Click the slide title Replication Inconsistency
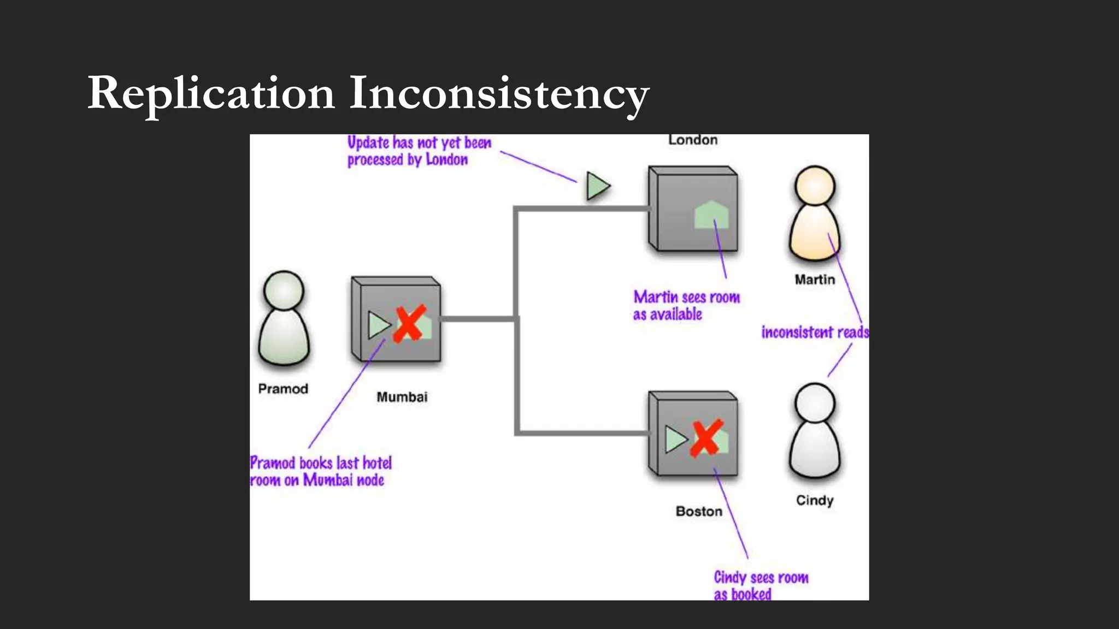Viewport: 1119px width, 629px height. coord(368,93)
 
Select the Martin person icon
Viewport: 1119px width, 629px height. coord(815,213)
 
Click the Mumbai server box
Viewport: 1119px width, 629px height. coord(396,319)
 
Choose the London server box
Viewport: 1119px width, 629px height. coord(693,209)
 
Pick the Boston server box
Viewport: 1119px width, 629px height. coord(693,434)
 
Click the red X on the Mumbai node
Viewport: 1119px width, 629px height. coord(409,324)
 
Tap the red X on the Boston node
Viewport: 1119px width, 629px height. coord(706,437)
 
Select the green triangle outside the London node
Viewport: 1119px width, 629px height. coord(597,186)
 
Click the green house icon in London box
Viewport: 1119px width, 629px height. coord(711,215)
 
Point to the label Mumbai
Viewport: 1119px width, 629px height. coord(402,397)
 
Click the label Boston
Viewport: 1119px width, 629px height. coord(699,512)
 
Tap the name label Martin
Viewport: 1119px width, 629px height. coord(815,280)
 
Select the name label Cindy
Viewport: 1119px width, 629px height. coord(815,500)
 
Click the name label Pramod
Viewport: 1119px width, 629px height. coord(283,389)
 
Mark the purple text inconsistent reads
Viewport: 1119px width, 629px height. coord(815,332)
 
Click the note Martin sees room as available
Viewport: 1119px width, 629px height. coord(686,305)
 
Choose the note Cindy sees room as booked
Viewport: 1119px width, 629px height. coord(761,585)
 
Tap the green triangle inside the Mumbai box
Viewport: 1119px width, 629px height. coord(378,325)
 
